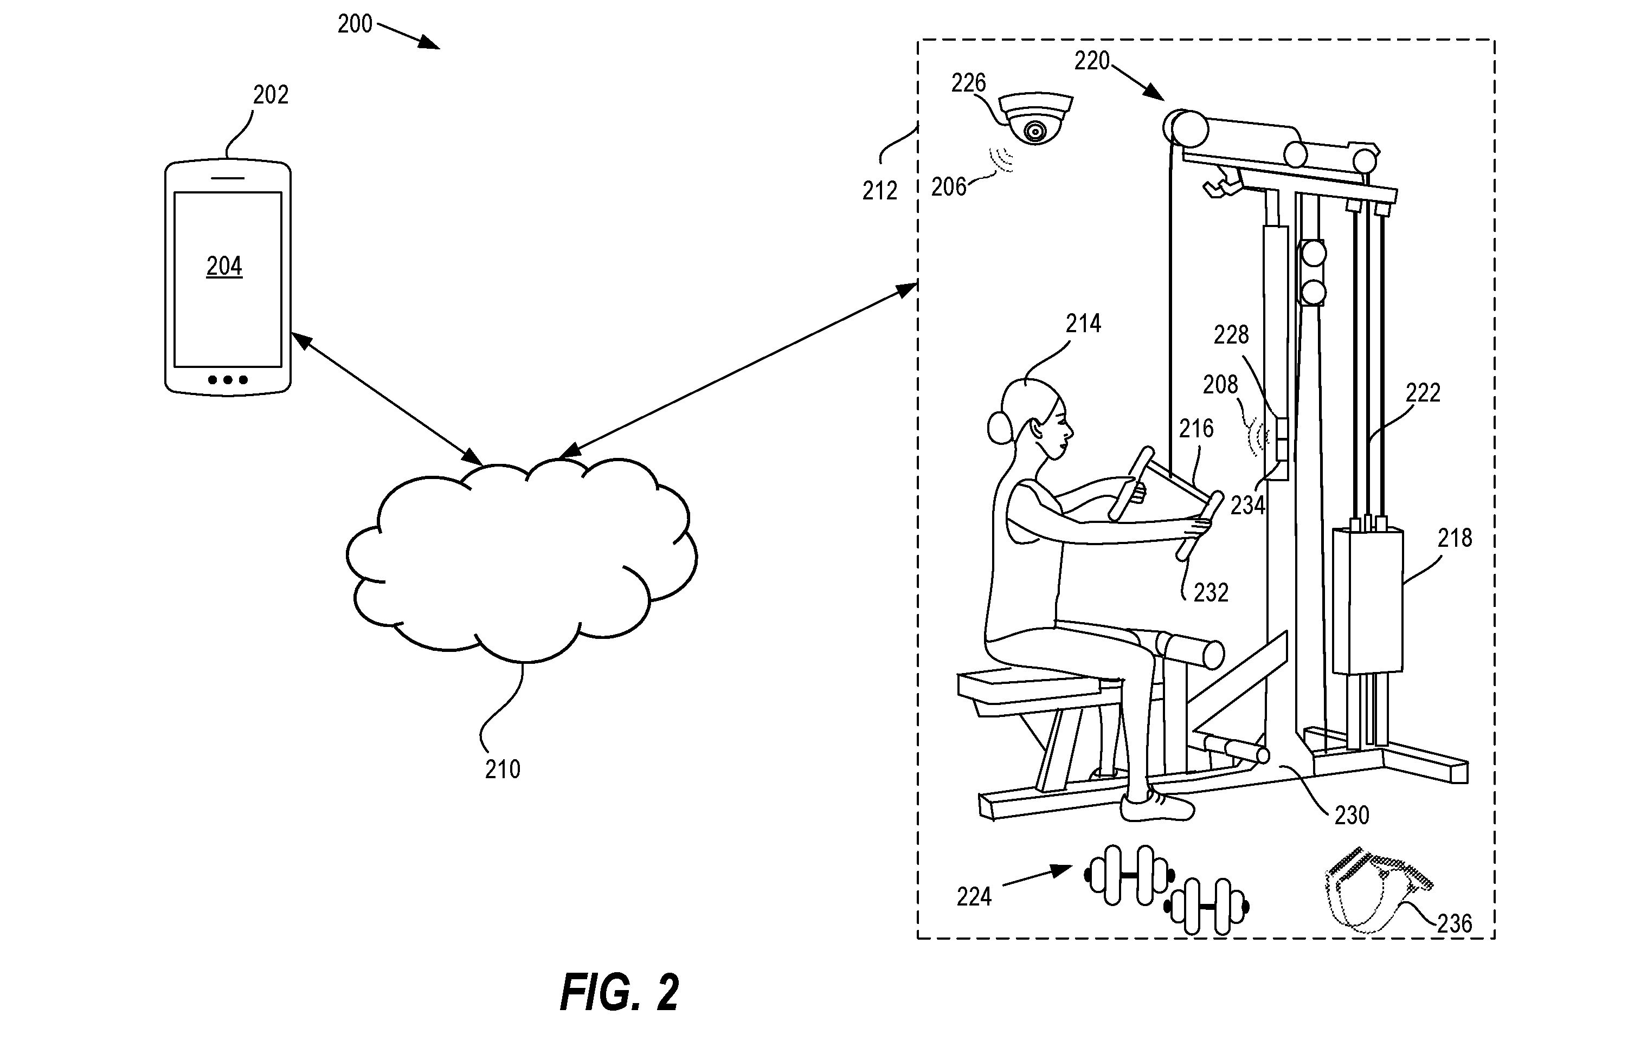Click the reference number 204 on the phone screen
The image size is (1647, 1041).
[x=224, y=266]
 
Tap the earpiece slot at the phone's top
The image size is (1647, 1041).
[x=227, y=178]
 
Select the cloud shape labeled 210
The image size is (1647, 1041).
[x=521, y=560]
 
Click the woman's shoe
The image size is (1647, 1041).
[x=1156, y=808]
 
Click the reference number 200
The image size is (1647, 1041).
[x=355, y=24]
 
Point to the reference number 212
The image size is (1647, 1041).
[x=879, y=191]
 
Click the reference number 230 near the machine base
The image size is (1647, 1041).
[x=1352, y=815]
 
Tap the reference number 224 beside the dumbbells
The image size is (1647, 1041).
[x=974, y=896]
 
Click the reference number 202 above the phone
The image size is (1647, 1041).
[x=271, y=95]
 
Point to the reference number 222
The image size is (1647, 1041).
[x=1423, y=392]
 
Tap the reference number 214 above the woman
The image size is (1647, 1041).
[x=1083, y=324]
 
